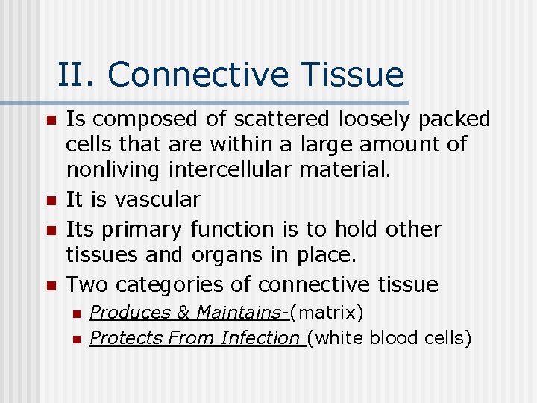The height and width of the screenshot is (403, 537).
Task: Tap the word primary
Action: coord(148,228)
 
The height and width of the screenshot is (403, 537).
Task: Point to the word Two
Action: coord(88,284)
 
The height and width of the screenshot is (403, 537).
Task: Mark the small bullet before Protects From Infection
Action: coord(75,339)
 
